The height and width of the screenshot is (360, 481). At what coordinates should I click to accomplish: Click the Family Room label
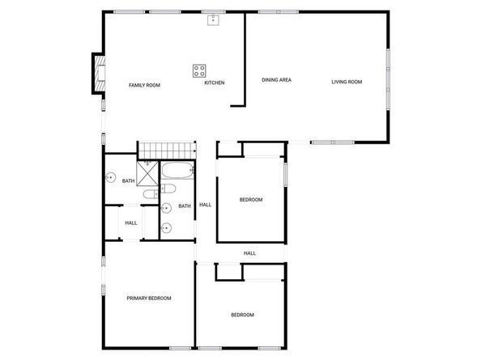[x=145, y=85]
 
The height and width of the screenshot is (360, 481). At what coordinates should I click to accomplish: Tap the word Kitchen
[x=214, y=83]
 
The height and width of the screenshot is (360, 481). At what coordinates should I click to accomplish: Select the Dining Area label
[x=276, y=79]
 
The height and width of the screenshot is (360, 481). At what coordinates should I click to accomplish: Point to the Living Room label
[x=347, y=81]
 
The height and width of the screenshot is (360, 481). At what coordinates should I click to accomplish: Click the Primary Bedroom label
[x=149, y=299]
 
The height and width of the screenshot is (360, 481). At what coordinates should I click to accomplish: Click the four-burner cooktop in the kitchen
[x=199, y=70]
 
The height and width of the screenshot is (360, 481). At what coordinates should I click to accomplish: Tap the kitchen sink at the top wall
[x=215, y=19]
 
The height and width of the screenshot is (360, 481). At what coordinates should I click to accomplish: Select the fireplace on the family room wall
[x=98, y=74]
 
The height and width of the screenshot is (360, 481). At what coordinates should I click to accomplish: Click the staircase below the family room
[x=168, y=150]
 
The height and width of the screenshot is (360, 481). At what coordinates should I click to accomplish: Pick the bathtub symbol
[x=176, y=172]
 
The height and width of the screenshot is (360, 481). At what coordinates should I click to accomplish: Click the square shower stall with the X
[x=148, y=171]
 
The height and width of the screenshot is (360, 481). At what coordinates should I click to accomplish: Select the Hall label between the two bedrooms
[x=250, y=253]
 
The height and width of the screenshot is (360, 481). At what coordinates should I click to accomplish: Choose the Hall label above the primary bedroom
[x=131, y=223]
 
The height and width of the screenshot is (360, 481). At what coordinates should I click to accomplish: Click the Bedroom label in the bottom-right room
[x=242, y=315]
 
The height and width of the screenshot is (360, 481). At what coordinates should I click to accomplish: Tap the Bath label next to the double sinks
[x=185, y=206]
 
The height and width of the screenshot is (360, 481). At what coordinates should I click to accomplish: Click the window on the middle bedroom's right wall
[x=285, y=176]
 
